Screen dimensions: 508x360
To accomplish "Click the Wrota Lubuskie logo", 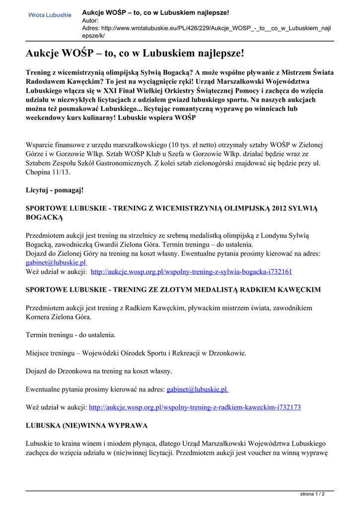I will (x=50, y=15).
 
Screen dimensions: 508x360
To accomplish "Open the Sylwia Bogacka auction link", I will (x=192, y=272).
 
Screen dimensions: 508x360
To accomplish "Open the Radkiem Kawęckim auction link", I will (x=194, y=407).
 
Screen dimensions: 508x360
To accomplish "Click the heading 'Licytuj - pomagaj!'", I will (x=55, y=190).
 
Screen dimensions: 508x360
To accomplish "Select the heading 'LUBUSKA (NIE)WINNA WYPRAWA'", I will (x=86, y=426).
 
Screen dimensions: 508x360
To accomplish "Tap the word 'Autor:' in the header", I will (x=90, y=21).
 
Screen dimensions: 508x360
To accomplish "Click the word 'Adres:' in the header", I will (x=91, y=28).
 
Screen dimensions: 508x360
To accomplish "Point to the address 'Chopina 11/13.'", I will (x=48, y=172).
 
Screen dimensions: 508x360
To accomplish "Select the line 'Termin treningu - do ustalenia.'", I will (x=71, y=335).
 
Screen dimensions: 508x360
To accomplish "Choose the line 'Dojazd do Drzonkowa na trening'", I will (x=99, y=371).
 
